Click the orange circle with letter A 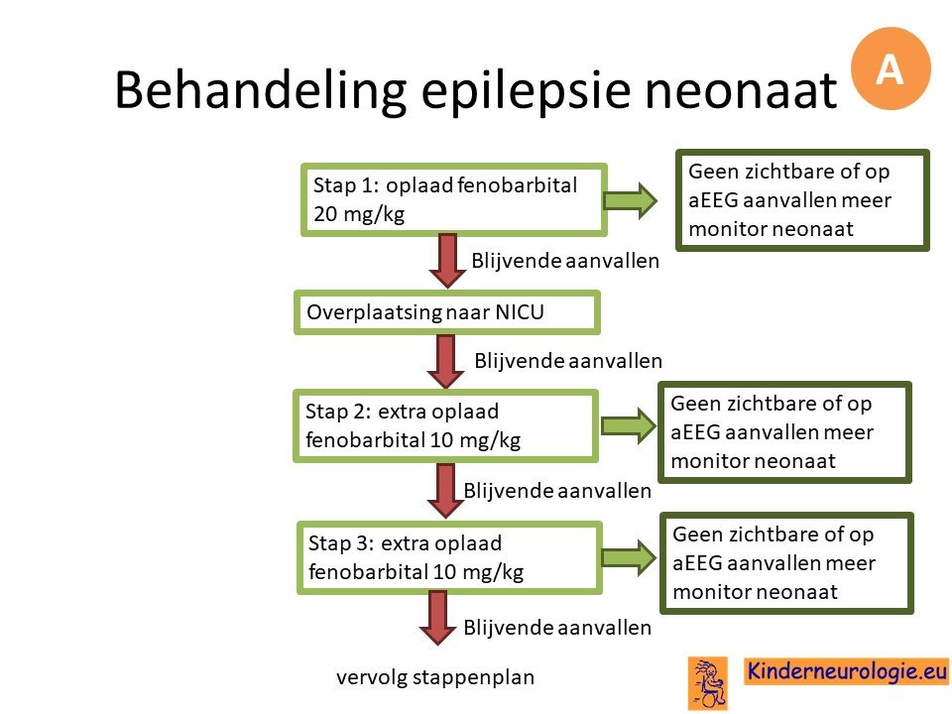[x=891, y=68]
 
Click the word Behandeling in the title [x=260, y=91]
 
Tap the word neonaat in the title [x=741, y=91]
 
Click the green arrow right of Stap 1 [x=631, y=200]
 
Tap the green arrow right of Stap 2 [x=629, y=425]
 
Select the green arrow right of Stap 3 [x=629, y=558]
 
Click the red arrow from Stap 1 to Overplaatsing [x=448, y=261]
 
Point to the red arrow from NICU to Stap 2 [x=445, y=362]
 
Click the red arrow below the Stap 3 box [x=437, y=618]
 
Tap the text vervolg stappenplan [x=435, y=677]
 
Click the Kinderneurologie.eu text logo [x=847, y=671]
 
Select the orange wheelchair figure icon [x=708, y=683]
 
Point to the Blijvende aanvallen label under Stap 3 [x=557, y=627]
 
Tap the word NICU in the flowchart [x=520, y=312]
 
